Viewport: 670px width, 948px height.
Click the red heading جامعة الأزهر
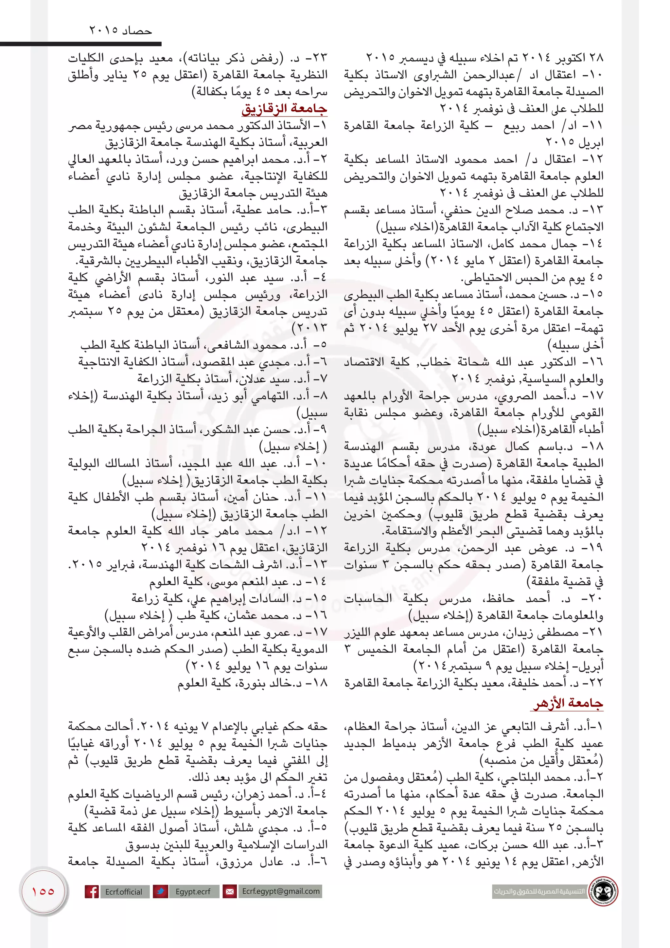coord(568,703)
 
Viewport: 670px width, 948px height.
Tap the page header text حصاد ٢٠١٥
coord(120,30)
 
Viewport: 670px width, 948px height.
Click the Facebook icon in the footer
coord(92,891)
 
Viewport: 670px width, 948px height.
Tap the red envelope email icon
coord(229,891)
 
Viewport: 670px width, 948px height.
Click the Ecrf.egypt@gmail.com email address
coord(281,891)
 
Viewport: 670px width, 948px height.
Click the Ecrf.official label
coord(123,892)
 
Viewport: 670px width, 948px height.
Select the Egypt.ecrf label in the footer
coord(193,892)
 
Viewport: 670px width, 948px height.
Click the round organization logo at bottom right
coord(604,891)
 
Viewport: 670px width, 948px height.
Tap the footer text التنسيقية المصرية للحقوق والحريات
coord(539,891)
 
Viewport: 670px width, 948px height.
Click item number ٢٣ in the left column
coord(319,58)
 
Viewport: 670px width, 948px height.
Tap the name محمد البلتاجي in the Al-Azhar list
coord(532,777)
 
